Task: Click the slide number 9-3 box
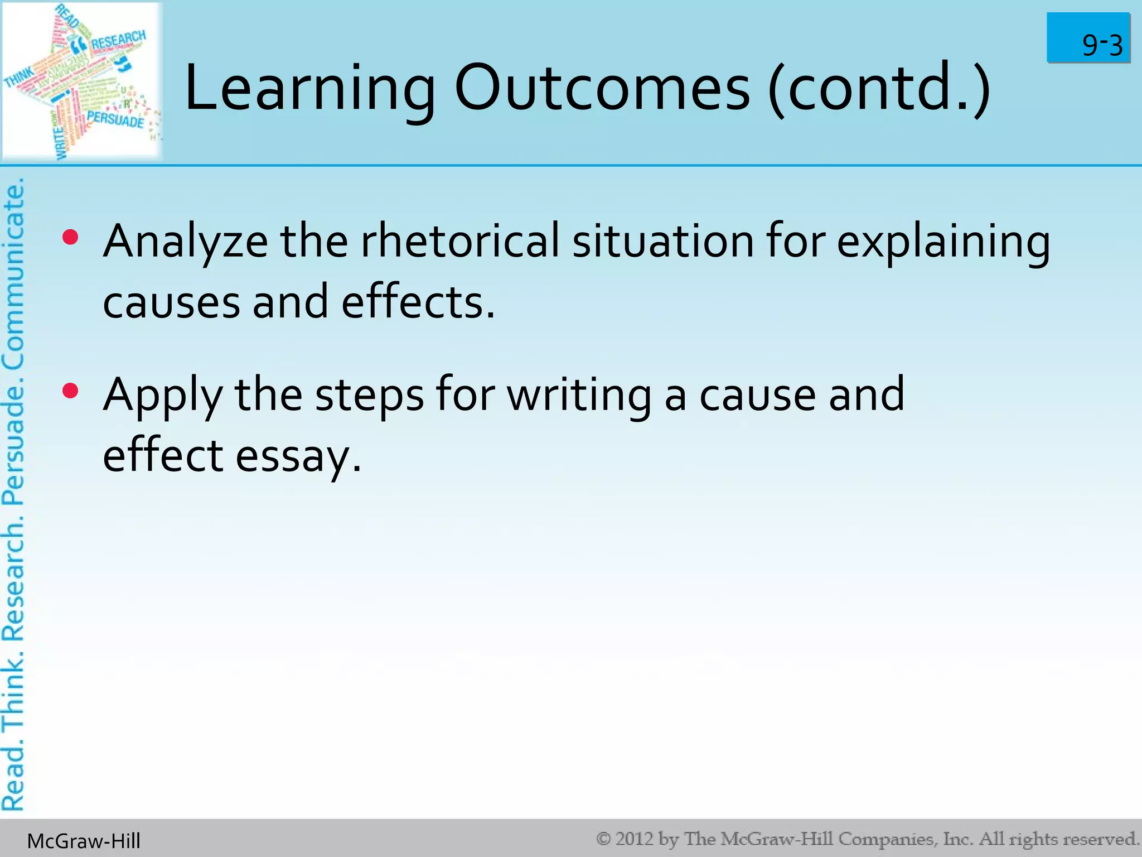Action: (1088, 38)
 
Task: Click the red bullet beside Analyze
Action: (71, 238)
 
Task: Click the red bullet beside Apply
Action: (71, 391)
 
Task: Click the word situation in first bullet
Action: (663, 242)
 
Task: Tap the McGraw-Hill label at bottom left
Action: (84, 841)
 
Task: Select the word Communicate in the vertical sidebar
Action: (13, 273)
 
